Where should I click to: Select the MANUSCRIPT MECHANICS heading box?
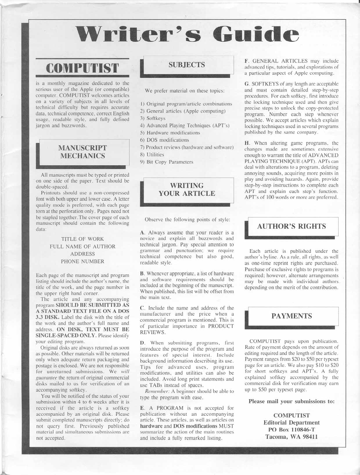tap(83, 152)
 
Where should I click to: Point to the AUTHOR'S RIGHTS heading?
tap(291, 226)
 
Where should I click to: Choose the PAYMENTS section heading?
tap(291, 316)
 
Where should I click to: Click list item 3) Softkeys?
tap(153, 118)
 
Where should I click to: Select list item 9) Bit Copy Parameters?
tap(166, 162)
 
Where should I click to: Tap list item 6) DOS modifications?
tap(164, 140)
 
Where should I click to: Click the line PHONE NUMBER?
tap(82, 261)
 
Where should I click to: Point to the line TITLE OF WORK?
tap(82, 239)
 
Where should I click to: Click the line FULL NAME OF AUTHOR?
tap(82, 246)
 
